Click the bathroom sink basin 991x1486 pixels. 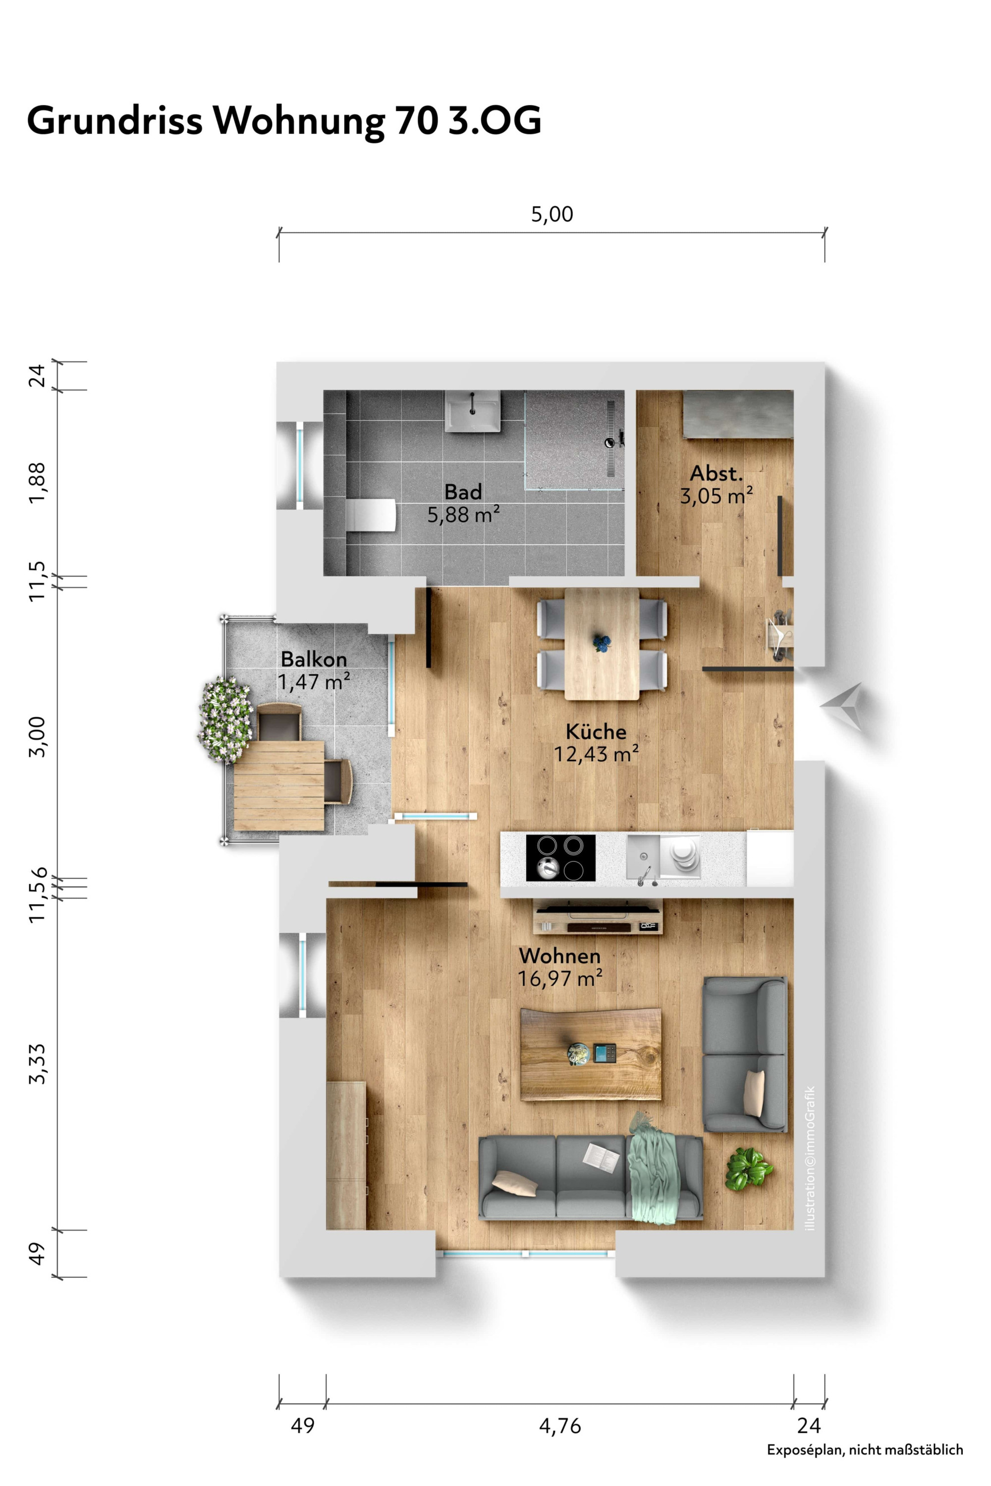point(472,411)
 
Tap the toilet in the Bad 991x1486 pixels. point(371,516)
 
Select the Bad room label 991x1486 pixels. point(463,492)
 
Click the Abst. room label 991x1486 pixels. point(716,473)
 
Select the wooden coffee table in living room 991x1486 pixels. point(591,1055)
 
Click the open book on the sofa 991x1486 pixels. point(601,1156)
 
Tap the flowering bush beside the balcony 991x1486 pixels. point(225,719)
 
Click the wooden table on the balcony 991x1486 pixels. point(278,786)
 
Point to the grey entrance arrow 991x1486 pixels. point(841,707)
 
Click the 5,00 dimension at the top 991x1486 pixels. point(552,214)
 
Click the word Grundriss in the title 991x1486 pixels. point(114,121)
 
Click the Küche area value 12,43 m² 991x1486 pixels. point(597,754)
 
